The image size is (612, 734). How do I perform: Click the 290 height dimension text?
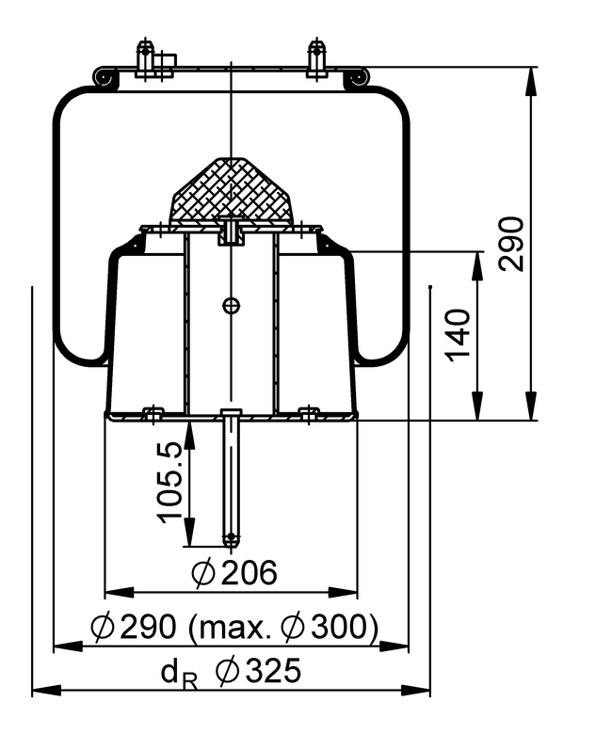pos(510,243)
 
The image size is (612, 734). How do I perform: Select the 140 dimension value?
pos(459,334)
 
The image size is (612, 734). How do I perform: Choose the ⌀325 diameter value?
pos(258,671)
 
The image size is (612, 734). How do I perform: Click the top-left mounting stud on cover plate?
pos(146,58)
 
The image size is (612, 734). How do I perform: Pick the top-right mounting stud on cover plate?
pos(316,58)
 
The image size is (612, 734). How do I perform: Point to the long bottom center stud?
pos(231,480)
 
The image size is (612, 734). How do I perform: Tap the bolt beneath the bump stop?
pos(231,228)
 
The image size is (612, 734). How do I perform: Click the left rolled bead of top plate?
pos(105,81)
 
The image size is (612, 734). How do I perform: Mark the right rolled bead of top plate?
pos(356,81)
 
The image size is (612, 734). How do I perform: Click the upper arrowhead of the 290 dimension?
pos(532,78)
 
